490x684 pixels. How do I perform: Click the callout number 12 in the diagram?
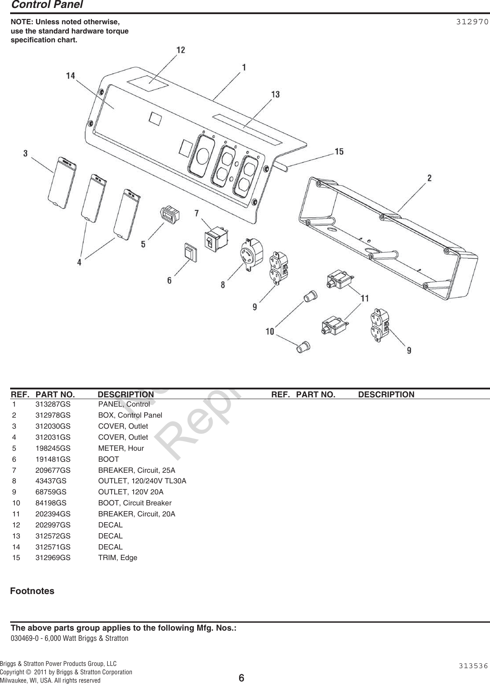[181, 50]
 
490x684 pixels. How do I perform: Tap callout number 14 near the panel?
[71, 76]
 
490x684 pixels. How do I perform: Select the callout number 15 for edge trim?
[339, 152]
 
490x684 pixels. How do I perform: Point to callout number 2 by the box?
[429, 178]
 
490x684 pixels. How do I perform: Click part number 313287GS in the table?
[52, 404]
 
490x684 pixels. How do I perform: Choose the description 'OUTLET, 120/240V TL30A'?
[142, 481]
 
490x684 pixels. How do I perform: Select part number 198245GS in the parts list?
[52, 448]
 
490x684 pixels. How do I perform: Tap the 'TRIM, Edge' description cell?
[117, 558]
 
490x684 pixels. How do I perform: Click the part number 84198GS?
[51, 503]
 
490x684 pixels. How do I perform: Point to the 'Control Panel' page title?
[47, 5]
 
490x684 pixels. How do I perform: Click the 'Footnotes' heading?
[32, 591]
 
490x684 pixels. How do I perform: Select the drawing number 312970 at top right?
[472, 22]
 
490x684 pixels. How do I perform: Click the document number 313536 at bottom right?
[473, 666]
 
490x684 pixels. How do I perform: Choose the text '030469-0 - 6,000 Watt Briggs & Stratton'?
[70, 639]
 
